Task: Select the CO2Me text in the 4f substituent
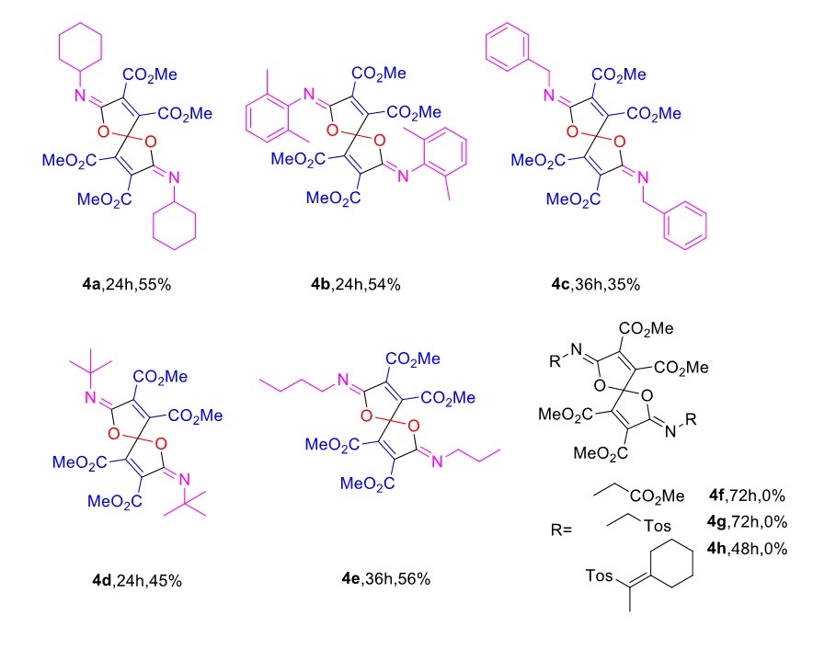pos(658,496)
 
